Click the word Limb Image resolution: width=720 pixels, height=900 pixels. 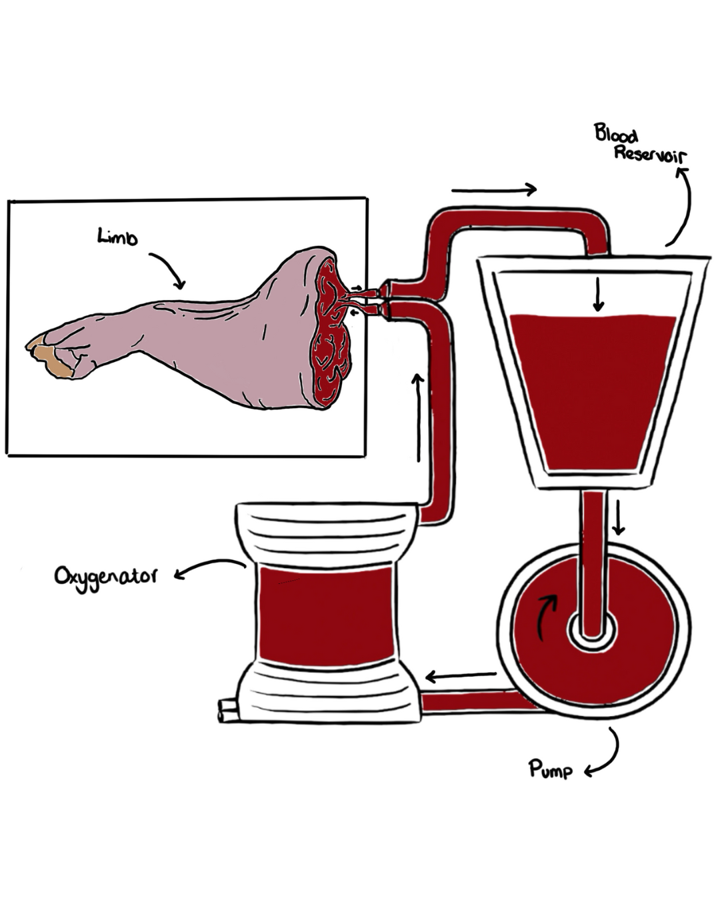[117, 237]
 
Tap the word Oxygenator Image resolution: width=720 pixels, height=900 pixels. [106, 577]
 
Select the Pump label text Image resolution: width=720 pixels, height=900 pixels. [551, 769]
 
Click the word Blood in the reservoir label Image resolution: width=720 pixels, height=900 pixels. [616, 134]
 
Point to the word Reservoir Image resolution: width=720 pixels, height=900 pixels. [650, 155]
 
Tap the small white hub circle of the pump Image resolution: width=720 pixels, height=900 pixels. [592, 631]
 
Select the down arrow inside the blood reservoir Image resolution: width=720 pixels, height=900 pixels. [598, 294]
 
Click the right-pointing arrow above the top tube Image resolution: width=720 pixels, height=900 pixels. [494, 190]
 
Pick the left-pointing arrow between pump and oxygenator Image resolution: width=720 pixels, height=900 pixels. [461, 677]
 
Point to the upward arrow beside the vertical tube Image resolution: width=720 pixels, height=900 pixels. [418, 417]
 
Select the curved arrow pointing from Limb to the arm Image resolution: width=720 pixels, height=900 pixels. [167, 269]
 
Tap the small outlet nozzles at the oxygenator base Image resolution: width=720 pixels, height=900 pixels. [227, 710]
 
